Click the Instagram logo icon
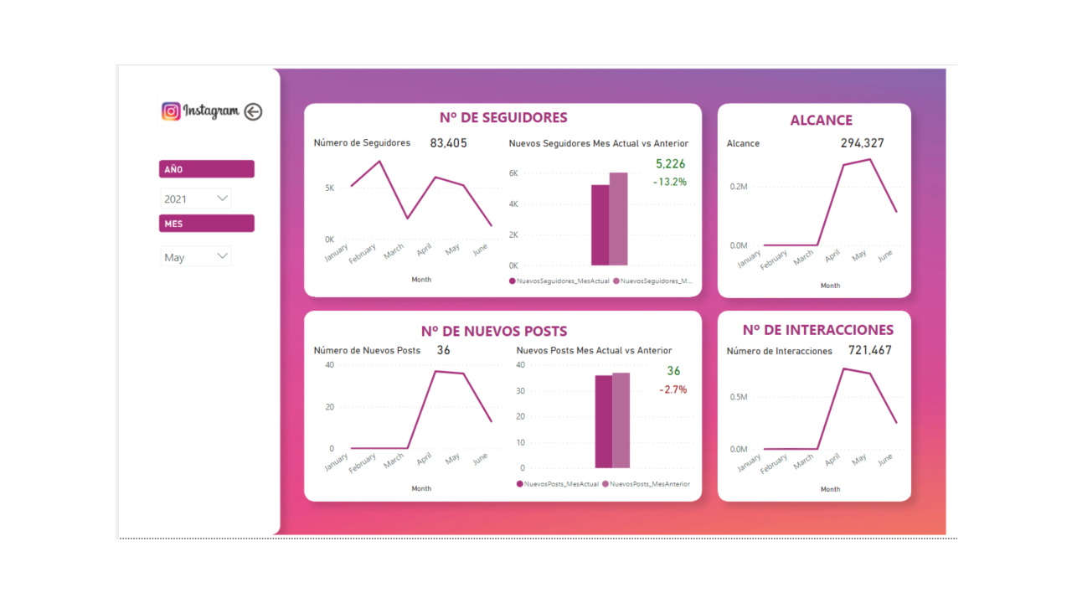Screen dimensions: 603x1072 pyautogui.click(x=171, y=111)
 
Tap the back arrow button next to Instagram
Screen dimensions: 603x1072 pyautogui.click(x=253, y=111)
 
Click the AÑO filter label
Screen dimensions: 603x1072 pyautogui.click(x=206, y=169)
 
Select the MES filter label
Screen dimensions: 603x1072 pyautogui.click(x=206, y=224)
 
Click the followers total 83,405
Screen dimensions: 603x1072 pyautogui.click(x=448, y=143)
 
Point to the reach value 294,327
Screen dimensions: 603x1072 pyautogui.click(x=862, y=143)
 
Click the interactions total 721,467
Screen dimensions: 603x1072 pyautogui.click(x=869, y=350)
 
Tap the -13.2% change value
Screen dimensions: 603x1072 pyautogui.click(x=670, y=182)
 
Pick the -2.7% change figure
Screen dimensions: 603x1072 pyautogui.click(x=673, y=389)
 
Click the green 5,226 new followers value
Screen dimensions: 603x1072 pyautogui.click(x=670, y=164)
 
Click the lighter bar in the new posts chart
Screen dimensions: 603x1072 pyautogui.click(x=621, y=420)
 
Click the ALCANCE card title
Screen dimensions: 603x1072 pyautogui.click(x=821, y=121)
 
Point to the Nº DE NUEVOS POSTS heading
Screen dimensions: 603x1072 pyautogui.click(x=493, y=331)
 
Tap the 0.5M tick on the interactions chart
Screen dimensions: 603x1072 pyautogui.click(x=738, y=397)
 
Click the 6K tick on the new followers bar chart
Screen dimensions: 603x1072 pyautogui.click(x=513, y=173)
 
